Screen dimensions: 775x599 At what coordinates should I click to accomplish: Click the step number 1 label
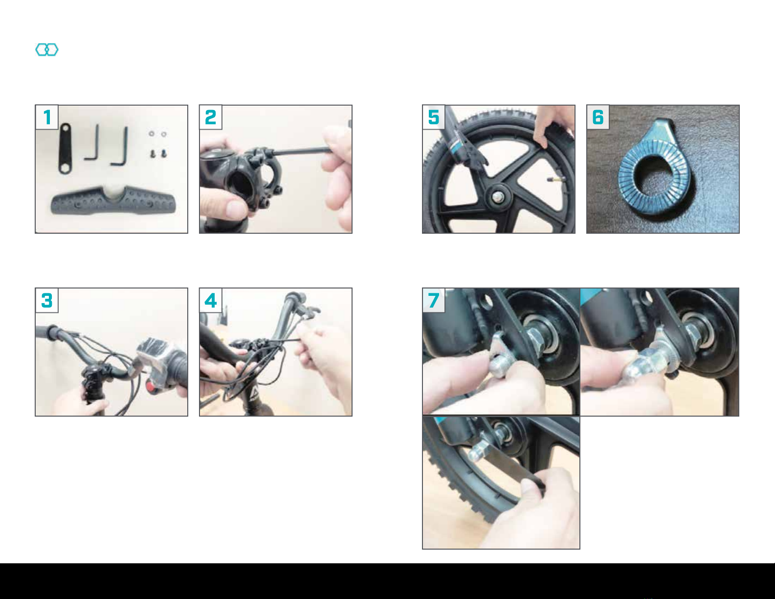tap(47, 117)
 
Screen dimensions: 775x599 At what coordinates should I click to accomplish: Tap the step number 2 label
tap(211, 117)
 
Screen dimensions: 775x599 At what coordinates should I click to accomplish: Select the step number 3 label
tap(47, 300)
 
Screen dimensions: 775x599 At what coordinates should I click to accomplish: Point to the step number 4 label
tap(211, 300)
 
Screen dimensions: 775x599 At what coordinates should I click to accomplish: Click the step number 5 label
tap(434, 117)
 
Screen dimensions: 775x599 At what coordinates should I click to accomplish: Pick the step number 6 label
tap(598, 117)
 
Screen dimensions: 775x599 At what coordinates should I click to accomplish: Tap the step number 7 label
tap(434, 300)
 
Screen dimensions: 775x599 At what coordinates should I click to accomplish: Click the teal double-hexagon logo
tap(47, 49)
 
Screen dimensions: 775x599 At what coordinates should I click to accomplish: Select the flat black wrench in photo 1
tap(65, 148)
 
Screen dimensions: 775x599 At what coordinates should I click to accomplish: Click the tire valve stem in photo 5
tap(555, 179)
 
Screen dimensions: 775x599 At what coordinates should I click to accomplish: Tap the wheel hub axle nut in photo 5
tap(496, 197)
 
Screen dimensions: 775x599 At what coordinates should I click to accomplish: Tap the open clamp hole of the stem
tap(240, 185)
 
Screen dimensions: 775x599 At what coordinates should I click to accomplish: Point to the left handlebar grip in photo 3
tap(47, 333)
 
